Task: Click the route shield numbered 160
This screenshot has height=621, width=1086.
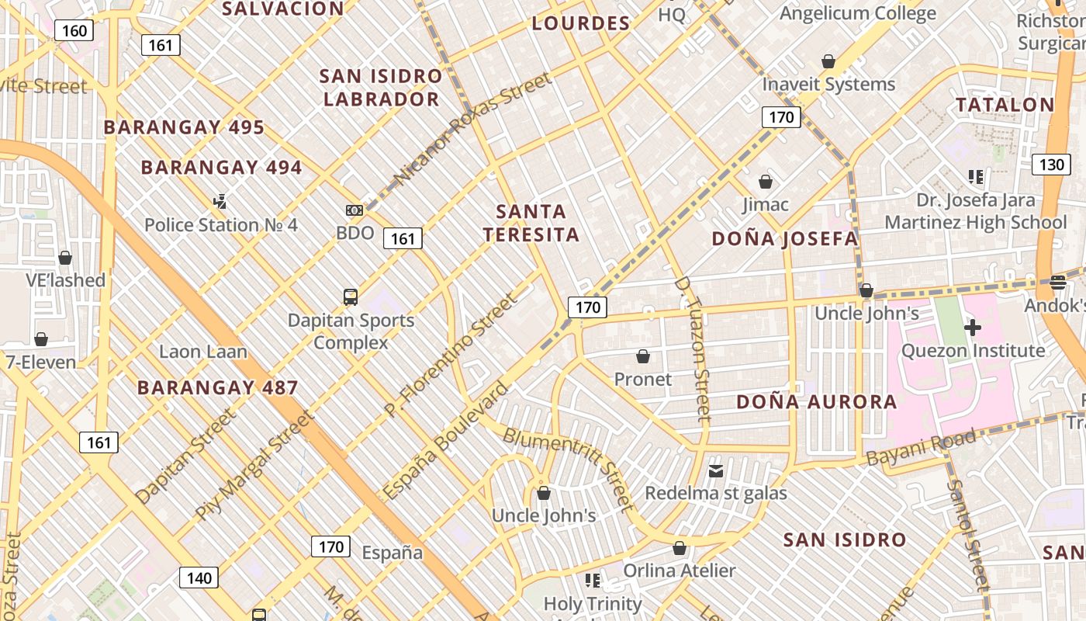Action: point(74,31)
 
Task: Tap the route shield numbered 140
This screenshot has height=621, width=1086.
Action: point(199,578)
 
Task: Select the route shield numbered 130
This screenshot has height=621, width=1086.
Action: point(1051,165)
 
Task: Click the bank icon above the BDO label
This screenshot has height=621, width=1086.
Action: point(355,210)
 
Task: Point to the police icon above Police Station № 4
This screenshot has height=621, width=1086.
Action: point(220,202)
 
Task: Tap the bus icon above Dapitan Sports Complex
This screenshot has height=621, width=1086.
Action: point(351,297)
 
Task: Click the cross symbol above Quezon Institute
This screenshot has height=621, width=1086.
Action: point(972,328)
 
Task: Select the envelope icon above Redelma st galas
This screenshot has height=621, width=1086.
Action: point(715,471)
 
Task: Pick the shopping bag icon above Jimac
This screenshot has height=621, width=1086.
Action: point(766,182)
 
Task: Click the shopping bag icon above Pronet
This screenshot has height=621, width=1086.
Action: point(642,356)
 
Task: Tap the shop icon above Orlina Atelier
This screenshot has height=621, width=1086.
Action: point(680,548)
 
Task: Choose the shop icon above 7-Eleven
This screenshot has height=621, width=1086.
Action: point(41,339)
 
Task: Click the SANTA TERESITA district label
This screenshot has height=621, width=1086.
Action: point(531,223)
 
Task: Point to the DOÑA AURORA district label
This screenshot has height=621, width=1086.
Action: point(816,402)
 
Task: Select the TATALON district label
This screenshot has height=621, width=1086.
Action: point(1005,105)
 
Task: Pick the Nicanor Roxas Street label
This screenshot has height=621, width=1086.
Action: point(472,129)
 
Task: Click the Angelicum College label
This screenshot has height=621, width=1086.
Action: point(857,13)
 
